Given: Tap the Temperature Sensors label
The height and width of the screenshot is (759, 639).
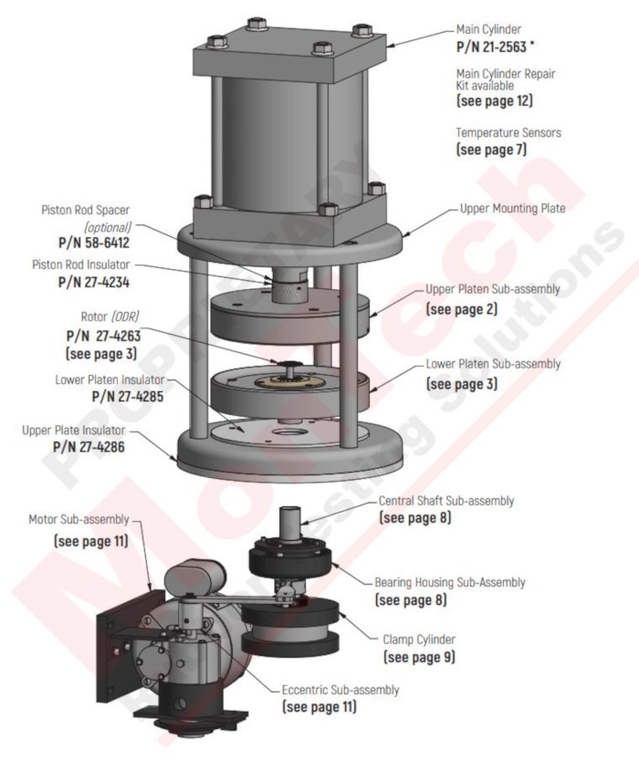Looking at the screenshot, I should tap(508, 132).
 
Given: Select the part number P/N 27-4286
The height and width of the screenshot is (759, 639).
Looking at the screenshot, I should tap(89, 447).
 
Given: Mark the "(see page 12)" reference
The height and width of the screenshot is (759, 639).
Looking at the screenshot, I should tap(494, 100).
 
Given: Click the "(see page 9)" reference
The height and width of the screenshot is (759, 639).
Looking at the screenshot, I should tap(420, 657).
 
